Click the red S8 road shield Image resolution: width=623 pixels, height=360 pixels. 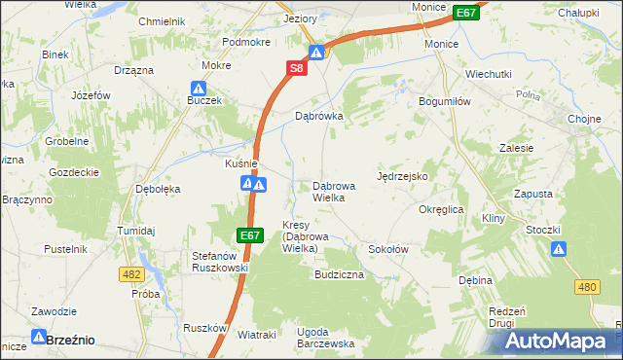coord(297,68)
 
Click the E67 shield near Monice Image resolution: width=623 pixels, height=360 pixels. coord(466,12)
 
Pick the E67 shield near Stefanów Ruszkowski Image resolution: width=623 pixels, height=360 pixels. coord(249,235)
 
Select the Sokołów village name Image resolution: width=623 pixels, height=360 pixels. coord(386,249)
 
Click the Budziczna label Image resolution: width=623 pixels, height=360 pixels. coord(338,275)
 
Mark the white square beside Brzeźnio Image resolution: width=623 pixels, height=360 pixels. coord(38,341)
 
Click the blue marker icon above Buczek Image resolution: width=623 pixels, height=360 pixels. coord(197,88)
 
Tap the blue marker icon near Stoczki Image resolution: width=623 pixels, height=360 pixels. coord(559,249)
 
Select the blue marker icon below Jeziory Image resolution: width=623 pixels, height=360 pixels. coord(316,53)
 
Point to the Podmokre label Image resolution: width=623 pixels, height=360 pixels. coord(246,42)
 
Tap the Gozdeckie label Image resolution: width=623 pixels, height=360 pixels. coord(74,171)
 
